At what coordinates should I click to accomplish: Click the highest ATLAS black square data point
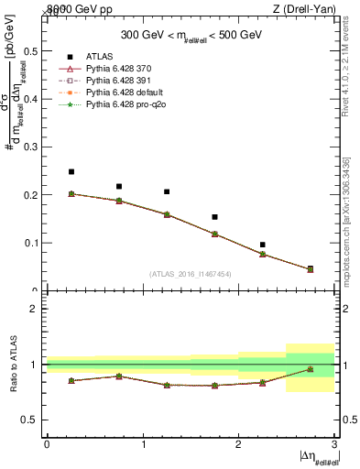(71, 171)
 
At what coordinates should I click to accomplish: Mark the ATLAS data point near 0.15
(214, 217)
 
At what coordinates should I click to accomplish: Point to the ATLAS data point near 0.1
(262, 245)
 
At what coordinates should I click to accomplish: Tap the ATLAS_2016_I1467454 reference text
(191, 274)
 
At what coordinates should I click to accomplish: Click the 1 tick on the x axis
(143, 444)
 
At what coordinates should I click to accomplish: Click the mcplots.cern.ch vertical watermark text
(352, 233)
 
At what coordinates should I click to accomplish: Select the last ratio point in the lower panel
(310, 369)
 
